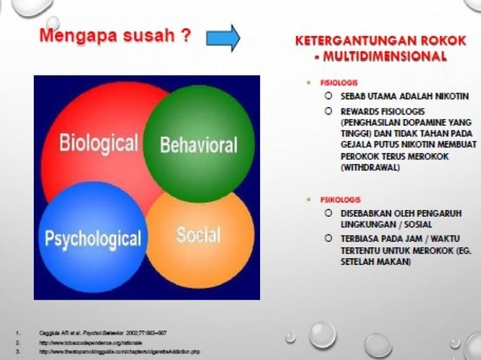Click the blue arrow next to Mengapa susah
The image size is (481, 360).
(x=222, y=37)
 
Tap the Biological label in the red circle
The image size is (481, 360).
(x=98, y=143)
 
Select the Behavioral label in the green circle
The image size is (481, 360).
(x=198, y=145)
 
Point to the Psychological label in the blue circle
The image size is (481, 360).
(x=93, y=239)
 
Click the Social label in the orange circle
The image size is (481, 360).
(x=198, y=235)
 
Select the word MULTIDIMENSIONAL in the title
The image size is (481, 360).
(x=386, y=56)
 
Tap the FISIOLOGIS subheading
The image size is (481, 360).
(x=339, y=81)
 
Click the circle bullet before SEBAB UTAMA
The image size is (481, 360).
(x=329, y=96)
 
